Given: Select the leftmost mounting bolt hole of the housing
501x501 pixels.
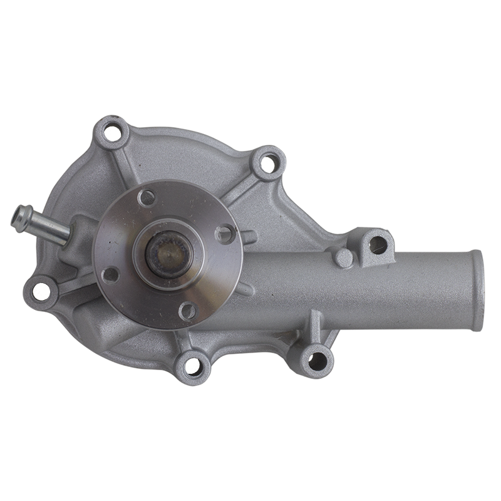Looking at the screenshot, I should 40,290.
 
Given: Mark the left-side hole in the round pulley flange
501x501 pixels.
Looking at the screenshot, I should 110,274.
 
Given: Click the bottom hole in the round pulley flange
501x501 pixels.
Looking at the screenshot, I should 187,310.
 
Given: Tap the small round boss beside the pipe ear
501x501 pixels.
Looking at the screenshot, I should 343,258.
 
